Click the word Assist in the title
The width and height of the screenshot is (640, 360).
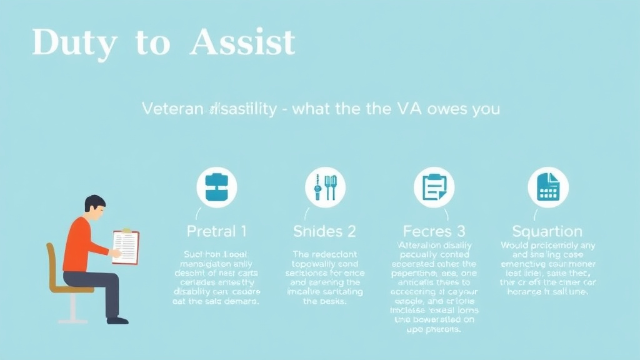click(x=242, y=42)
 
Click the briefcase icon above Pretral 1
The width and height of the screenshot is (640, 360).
click(x=216, y=187)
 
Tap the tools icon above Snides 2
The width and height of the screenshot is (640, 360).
click(x=325, y=187)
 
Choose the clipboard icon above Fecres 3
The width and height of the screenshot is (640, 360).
click(x=434, y=187)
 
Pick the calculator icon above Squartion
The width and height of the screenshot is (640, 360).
click(x=547, y=187)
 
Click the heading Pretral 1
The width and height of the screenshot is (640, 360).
click(x=216, y=231)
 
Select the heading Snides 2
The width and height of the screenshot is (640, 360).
click(x=324, y=231)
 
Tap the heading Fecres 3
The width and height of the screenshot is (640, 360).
click(x=434, y=231)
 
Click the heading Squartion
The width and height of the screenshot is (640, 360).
click(x=547, y=231)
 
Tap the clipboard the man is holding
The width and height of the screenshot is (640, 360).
click(x=126, y=247)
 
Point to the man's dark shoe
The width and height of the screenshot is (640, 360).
click(x=117, y=319)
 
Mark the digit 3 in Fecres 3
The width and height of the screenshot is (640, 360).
click(x=462, y=231)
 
